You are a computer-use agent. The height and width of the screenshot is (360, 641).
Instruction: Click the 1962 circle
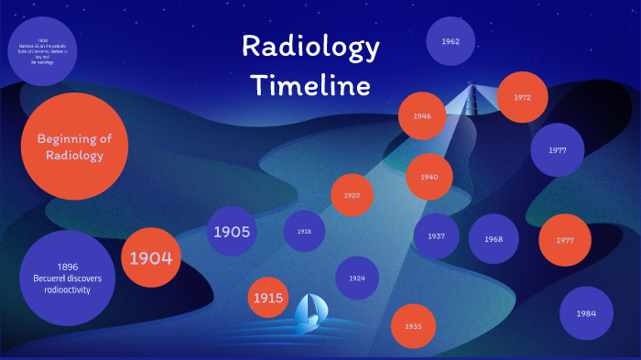point(451,41)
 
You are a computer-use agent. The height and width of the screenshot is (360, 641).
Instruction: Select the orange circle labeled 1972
point(522,97)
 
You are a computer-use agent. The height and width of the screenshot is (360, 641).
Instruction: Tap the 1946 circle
point(422,116)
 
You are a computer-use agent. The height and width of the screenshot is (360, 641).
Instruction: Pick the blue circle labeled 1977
point(558,149)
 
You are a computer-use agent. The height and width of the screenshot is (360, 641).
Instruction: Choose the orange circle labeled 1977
point(564,240)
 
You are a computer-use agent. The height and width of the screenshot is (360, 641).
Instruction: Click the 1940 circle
point(429,178)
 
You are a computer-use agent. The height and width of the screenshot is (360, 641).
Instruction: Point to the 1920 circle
point(352,195)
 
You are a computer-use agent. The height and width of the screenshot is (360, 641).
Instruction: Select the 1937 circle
point(436,236)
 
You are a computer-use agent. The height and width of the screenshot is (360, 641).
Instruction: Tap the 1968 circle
point(494,239)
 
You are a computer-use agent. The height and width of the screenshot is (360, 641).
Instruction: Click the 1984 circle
point(586,313)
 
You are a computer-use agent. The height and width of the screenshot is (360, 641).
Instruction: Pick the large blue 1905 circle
point(232,232)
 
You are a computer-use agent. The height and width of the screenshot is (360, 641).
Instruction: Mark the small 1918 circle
point(304,232)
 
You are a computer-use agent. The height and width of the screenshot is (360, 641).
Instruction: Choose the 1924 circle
point(357,278)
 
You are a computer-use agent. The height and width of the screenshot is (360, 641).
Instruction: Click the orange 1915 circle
point(268,298)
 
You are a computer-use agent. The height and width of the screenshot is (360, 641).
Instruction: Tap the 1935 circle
point(413,326)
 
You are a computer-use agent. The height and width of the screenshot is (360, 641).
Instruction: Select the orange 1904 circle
point(151,257)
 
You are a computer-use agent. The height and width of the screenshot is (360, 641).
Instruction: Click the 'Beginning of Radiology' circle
point(74,147)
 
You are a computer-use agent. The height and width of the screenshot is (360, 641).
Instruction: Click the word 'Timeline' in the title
point(311,86)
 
